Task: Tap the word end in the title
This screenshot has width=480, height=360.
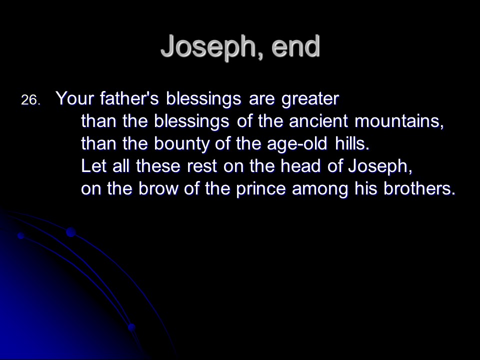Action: point(295,45)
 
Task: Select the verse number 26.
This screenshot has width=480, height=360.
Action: point(30,100)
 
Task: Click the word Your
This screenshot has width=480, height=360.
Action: point(74,98)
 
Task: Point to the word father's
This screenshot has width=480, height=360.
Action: point(129,98)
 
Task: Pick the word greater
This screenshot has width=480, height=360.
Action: point(310,99)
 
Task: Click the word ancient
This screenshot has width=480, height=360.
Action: point(318,121)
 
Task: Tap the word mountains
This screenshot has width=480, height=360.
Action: point(399,121)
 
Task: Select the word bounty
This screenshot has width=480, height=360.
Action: point(181,144)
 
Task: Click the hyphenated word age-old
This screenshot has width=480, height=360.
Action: point(297,144)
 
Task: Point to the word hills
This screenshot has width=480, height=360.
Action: point(352,143)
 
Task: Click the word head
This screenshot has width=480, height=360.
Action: point(300,166)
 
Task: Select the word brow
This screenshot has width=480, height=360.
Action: point(158,188)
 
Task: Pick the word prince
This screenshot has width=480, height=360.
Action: point(261,189)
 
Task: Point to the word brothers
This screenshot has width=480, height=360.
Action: point(419,188)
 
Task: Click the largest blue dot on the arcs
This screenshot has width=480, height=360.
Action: point(71,232)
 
